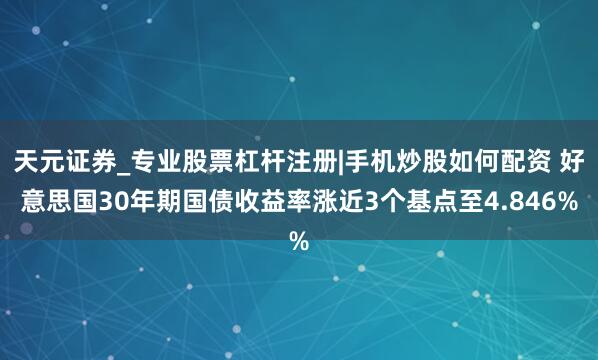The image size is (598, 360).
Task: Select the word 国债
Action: pos(216,201)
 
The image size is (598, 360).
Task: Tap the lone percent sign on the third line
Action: pos(298,241)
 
